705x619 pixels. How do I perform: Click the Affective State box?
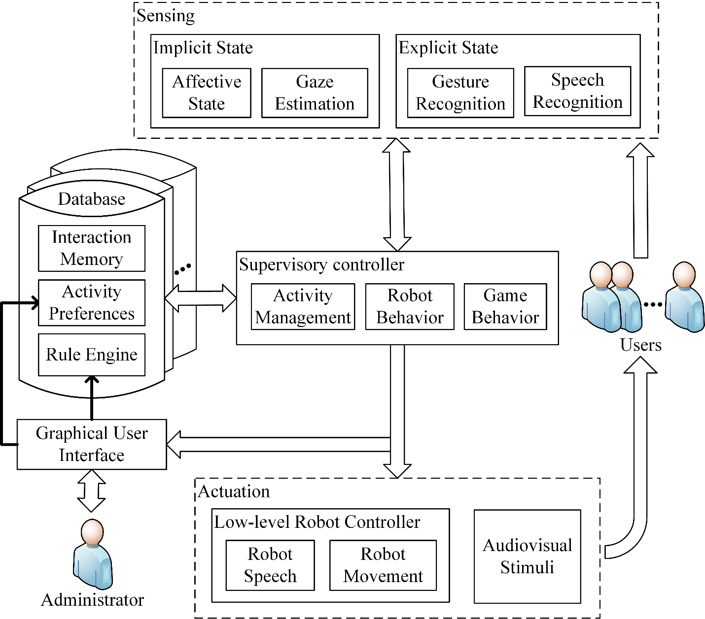click(207, 93)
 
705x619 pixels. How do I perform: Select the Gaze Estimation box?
click(315, 93)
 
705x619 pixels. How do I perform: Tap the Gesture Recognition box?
click(460, 93)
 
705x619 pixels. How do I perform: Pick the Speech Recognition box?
click(577, 91)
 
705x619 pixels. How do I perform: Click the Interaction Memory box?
click(92, 248)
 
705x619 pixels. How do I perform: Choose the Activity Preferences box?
click(92, 303)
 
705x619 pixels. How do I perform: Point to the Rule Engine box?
click(92, 355)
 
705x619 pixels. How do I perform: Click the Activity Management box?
click(303, 306)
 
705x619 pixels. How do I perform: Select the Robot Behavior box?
click(410, 306)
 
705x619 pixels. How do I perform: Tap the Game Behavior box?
click(505, 306)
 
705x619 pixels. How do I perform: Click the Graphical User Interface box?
click(92, 444)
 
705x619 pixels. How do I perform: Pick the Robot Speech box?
click(270, 565)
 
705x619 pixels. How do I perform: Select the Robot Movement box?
click(383, 565)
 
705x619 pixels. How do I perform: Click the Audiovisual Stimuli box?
click(528, 556)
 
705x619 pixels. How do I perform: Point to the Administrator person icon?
click(93, 554)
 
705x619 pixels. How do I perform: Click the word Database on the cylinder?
click(92, 199)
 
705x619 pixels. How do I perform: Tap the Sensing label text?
click(166, 16)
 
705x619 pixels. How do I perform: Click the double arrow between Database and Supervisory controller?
click(201, 298)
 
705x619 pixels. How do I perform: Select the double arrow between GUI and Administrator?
click(92, 491)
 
